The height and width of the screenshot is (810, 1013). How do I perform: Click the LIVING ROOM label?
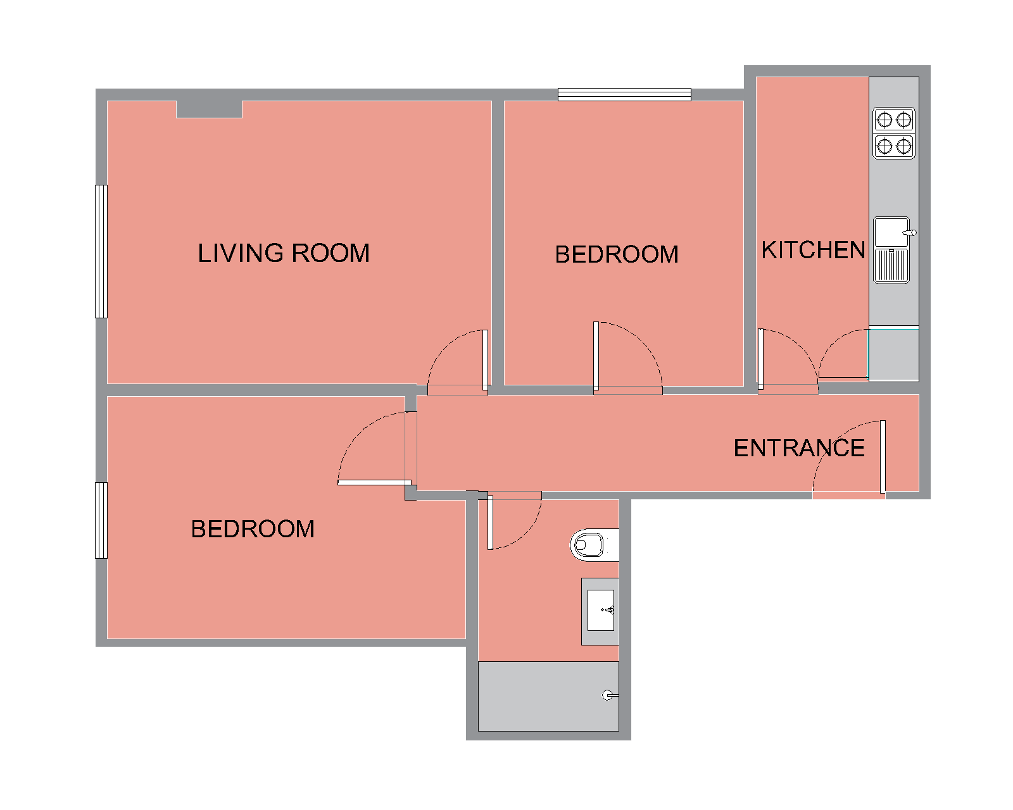(x=284, y=253)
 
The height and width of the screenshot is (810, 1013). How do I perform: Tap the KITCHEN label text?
(x=813, y=250)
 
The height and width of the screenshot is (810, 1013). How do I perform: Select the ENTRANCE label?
(x=799, y=448)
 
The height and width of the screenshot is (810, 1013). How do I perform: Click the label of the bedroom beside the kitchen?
(x=617, y=254)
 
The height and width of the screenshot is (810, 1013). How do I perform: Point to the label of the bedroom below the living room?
(x=253, y=529)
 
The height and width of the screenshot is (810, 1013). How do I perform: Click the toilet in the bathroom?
(x=594, y=545)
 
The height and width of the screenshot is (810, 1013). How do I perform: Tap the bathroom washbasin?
(x=601, y=611)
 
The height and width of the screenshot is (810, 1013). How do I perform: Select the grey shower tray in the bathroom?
(x=548, y=697)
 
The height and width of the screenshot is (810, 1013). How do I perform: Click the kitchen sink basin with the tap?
(x=891, y=232)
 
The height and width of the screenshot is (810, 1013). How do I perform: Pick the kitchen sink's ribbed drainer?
(x=891, y=266)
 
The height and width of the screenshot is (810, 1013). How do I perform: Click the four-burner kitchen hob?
(x=894, y=133)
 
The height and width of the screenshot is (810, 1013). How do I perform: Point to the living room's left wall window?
(x=101, y=251)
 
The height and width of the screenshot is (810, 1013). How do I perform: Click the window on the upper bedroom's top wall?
(x=625, y=94)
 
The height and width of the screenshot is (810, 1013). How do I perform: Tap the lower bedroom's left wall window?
(x=101, y=521)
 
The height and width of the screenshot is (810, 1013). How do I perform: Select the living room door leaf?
(x=486, y=360)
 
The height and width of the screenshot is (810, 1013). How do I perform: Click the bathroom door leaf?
(x=490, y=523)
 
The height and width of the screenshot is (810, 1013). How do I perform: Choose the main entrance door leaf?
(x=883, y=457)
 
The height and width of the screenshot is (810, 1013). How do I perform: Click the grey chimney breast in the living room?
(x=209, y=109)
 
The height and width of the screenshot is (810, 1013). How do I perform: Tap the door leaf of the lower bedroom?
(x=375, y=482)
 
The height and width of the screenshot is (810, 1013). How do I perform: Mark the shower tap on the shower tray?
(x=608, y=695)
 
